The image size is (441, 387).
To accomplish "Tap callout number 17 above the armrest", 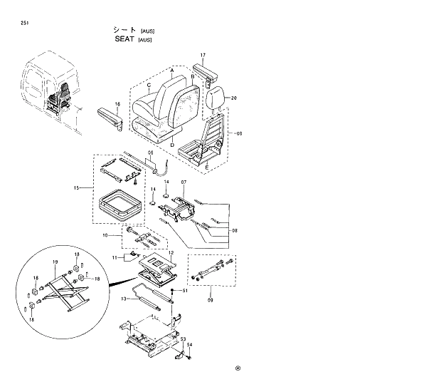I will coord(203,56).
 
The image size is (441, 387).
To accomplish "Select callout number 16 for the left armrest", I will coord(117,104).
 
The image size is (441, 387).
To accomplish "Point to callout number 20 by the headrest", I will coord(234,98).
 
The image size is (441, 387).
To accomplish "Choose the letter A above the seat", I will coord(172,71).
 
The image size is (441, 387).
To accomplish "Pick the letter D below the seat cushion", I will coord(172,145).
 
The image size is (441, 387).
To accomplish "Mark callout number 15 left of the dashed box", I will coord(76,188).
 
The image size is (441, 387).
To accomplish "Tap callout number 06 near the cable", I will coord(150,154).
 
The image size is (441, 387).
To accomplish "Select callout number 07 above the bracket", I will coord(183,183).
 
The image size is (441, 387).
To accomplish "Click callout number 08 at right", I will coord(234,231).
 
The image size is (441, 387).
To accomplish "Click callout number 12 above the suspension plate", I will coord(171,253).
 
